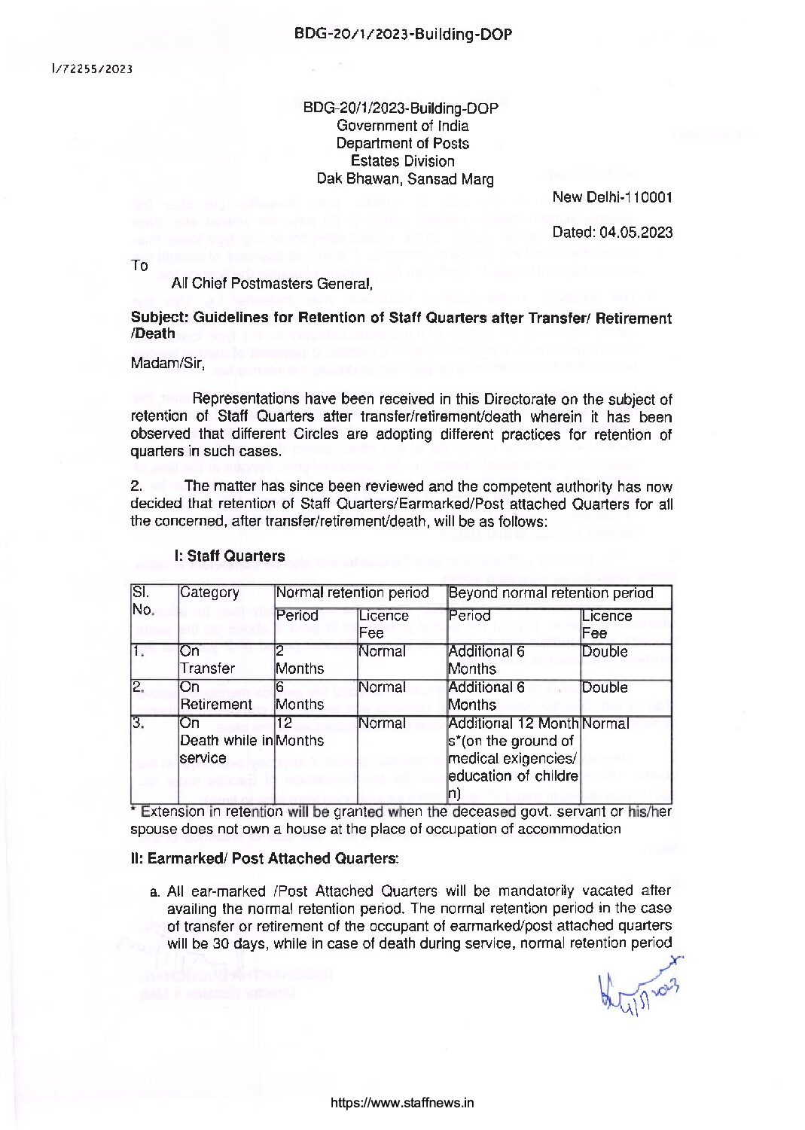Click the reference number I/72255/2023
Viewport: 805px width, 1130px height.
tap(93, 69)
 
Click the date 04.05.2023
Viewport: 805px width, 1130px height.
tap(612, 232)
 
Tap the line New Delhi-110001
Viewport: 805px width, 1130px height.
tap(611, 197)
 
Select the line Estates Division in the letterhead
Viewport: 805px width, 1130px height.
tap(402, 161)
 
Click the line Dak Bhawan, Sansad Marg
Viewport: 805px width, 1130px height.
tap(405, 179)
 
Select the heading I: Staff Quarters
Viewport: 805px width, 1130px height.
tap(229, 556)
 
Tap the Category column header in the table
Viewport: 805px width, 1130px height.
tap(209, 592)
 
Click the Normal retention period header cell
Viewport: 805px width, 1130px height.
tap(352, 592)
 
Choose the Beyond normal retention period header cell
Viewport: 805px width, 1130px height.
tap(550, 592)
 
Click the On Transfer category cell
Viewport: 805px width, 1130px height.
tap(207, 659)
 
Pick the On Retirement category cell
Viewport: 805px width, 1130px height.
tap(215, 696)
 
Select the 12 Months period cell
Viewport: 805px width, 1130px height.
tap(300, 732)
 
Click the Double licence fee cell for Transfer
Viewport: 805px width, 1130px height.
tap(605, 652)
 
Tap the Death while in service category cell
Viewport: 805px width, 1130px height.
tap(226, 741)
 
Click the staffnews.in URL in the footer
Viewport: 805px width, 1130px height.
tap(402, 1104)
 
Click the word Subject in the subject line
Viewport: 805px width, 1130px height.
tap(157, 318)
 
